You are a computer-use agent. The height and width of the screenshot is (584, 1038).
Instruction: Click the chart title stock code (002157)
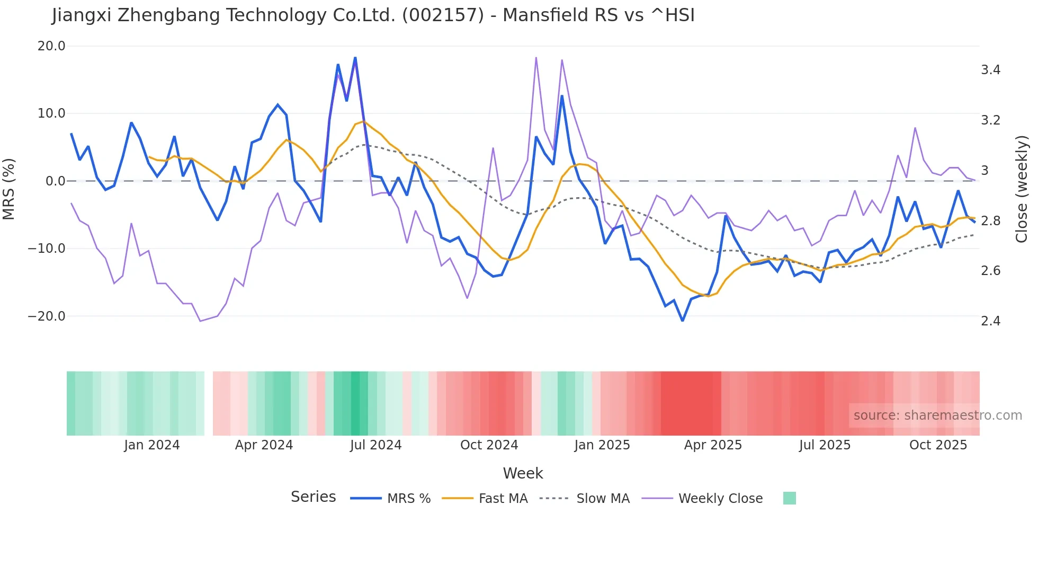(x=443, y=15)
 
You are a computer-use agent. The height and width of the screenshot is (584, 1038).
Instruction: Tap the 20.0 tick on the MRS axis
(x=51, y=46)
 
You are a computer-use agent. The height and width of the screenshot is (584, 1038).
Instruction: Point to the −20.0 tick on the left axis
(x=47, y=316)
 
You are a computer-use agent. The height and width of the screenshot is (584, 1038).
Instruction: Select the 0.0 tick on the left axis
(x=56, y=181)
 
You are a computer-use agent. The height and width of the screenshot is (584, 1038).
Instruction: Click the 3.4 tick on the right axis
(x=990, y=70)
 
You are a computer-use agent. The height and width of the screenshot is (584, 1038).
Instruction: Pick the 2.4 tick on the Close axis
(x=990, y=321)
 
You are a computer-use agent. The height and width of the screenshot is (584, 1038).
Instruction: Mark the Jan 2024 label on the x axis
(x=152, y=445)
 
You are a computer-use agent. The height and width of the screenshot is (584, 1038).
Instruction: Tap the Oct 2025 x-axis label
(x=938, y=445)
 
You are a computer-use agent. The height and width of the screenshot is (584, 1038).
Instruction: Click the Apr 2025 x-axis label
(x=713, y=445)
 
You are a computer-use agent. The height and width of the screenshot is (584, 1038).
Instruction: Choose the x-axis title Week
(x=523, y=473)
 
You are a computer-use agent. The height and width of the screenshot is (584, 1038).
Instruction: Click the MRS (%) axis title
(x=9, y=189)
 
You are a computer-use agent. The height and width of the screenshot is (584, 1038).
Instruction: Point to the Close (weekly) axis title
(x=1022, y=189)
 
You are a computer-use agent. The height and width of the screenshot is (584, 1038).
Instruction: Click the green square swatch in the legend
(x=789, y=498)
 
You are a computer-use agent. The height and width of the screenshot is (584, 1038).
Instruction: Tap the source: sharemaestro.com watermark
(x=937, y=415)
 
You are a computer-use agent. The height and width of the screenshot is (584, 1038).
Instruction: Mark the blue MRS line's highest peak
(x=355, y=58)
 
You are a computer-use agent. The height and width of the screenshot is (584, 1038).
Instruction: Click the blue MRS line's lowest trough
(x=683, y=321)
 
